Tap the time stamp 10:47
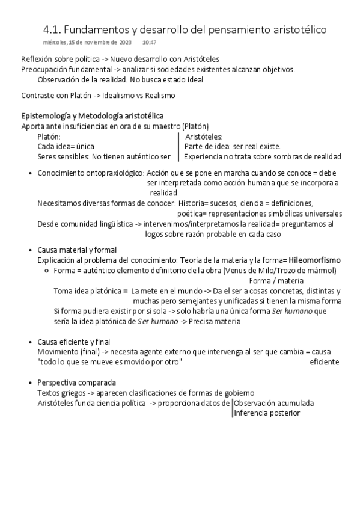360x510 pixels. (x=149, y=42)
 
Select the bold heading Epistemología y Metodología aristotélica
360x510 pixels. (x=93, y=115)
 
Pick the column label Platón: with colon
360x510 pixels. (x=49, y=137)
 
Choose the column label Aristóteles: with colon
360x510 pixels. (x=204, y=137)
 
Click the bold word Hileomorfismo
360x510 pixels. (x=315, y=260)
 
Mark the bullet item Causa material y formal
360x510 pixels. (x=77, y=250)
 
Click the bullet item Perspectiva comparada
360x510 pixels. (x=77, y=382)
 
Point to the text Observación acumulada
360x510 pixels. (x=273, y=403)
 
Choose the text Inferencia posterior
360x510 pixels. (x=267, y=413)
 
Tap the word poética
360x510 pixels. (x=189, y=213)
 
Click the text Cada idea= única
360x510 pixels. (x=66, y=146)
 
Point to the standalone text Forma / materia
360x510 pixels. (x=276, y=281)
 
